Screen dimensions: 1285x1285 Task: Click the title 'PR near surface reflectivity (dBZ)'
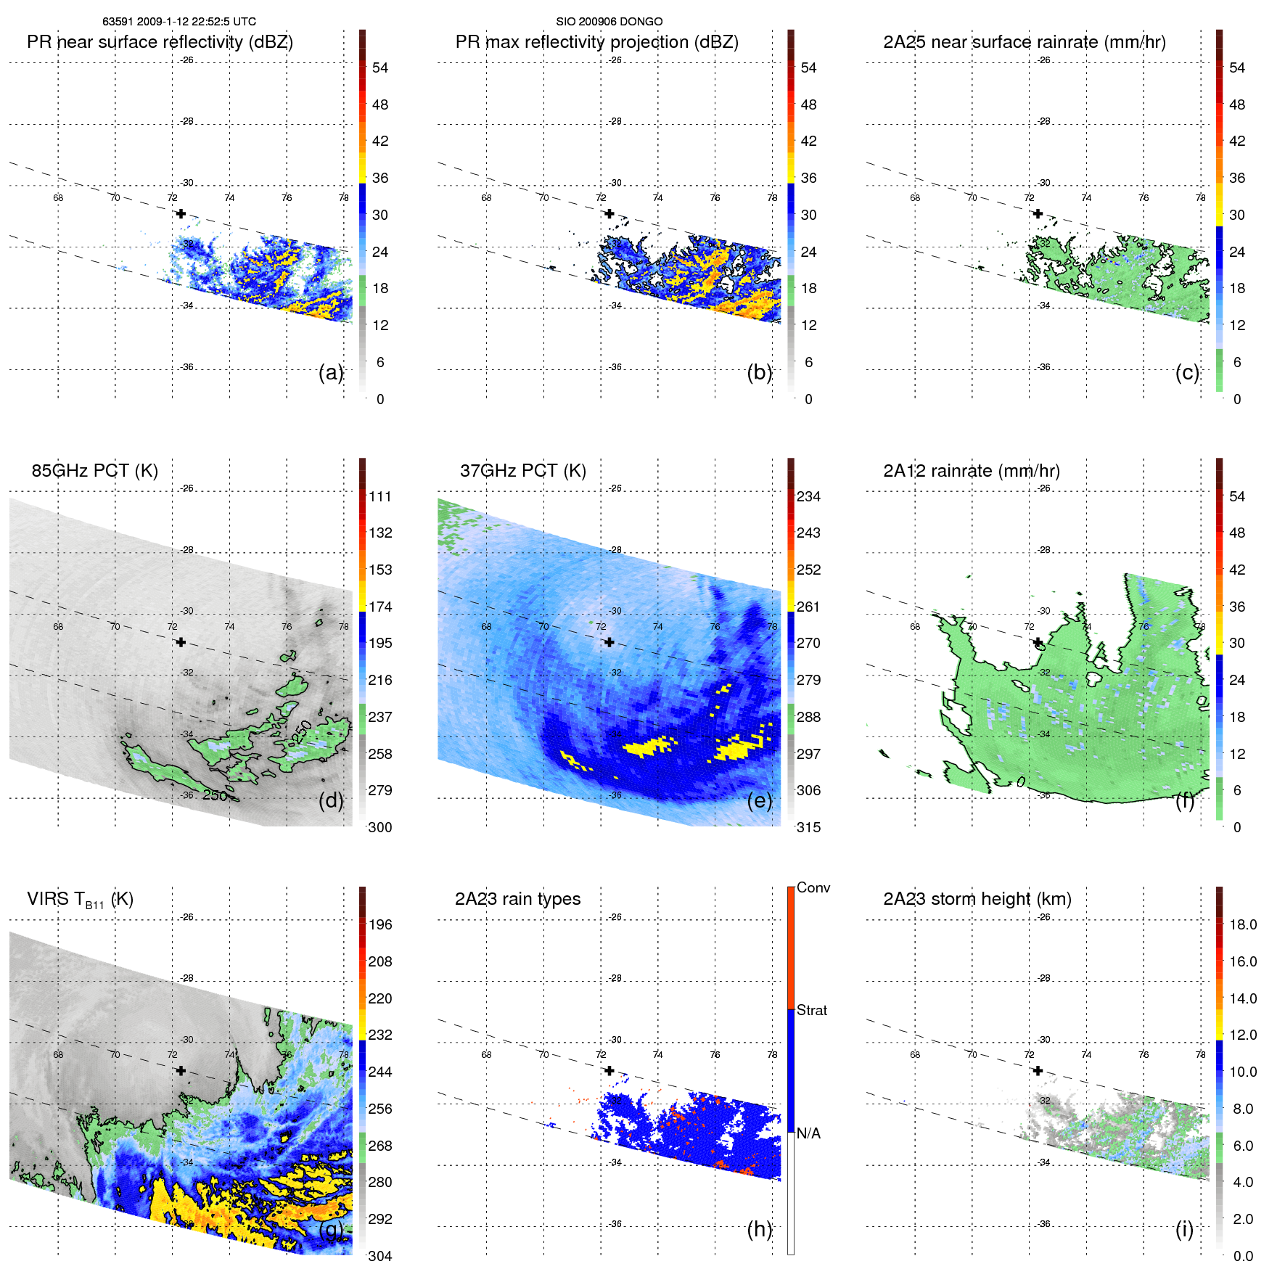pos(160,42)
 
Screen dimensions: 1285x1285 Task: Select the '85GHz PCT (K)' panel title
pos(94,471)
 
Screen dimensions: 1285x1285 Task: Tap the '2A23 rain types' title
pos(517,899)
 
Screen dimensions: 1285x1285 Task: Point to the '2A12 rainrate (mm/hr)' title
pos(971,471)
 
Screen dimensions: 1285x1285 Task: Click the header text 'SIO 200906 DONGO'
pos(609,22)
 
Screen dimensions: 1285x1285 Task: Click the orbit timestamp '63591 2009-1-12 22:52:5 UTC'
pos(178,22)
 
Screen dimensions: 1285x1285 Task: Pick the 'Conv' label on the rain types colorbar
pos(813,888)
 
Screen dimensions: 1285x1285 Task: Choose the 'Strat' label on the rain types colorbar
pos(811,1011)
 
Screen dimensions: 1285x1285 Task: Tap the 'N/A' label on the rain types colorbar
pos(808,1133)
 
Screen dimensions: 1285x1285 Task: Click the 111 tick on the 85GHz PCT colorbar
pos(379,497)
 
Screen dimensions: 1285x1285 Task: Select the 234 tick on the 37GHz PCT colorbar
pos(808,497)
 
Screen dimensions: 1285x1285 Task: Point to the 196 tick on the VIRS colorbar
pos(379,925)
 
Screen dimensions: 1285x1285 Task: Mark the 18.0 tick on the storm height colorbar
pos(1242,925)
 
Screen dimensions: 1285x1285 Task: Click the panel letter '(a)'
pos(331,373)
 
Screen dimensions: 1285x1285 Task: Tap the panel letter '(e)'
pos(759,801)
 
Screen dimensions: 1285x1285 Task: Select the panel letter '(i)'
pos(1184,1229)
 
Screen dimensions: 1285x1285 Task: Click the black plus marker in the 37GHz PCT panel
pos(609,642)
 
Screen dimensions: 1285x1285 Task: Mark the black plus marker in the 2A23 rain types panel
pos(609,1070)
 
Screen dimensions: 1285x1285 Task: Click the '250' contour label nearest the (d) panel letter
pos(215,795)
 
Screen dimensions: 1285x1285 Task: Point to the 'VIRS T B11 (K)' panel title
pos(80,900)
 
